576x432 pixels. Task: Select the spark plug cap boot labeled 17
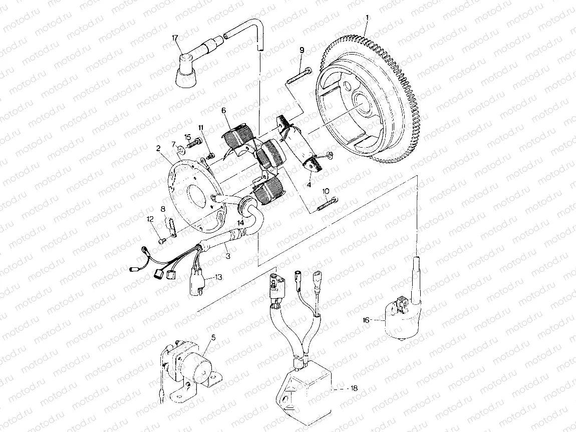185,74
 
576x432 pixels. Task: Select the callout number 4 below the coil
309,184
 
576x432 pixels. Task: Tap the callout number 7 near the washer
174,144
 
